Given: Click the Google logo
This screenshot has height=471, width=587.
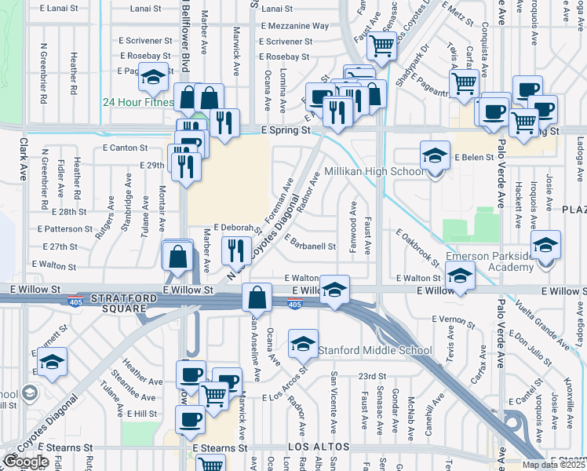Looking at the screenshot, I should pos(26,462).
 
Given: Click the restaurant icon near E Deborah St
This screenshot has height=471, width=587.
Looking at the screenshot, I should pos(236,251).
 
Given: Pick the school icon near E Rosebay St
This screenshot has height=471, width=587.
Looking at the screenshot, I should pos(154,78).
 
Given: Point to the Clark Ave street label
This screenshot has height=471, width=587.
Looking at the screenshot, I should pos(23,156).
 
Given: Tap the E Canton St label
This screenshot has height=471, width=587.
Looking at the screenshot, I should pos(125,148).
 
